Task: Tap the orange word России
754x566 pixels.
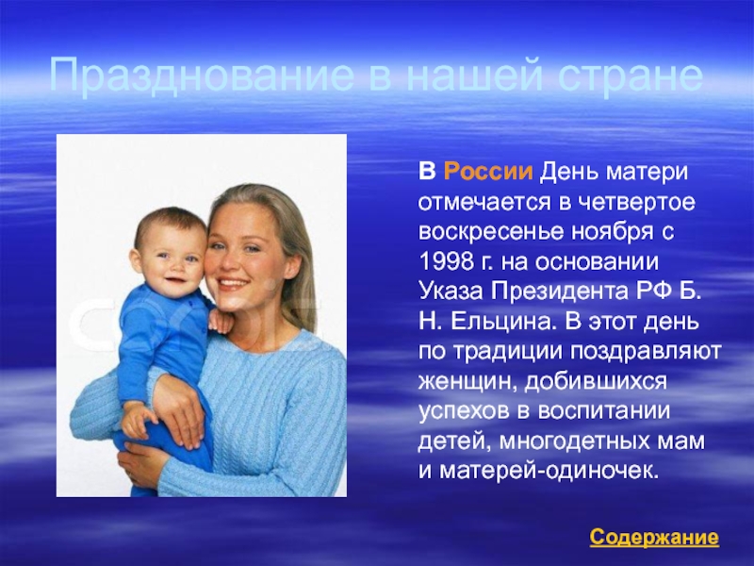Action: (x=488, y=172)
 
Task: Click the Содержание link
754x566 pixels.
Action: (x=654, y=537)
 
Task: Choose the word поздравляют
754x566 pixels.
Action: (x=647, y=352)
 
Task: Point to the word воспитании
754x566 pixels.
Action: (x=603, y=411)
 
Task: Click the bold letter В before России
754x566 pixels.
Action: (x=427, y=172)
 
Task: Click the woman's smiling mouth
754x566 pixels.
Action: (x=233, y=282)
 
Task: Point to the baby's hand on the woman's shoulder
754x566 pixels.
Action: (x=220, y=321)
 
